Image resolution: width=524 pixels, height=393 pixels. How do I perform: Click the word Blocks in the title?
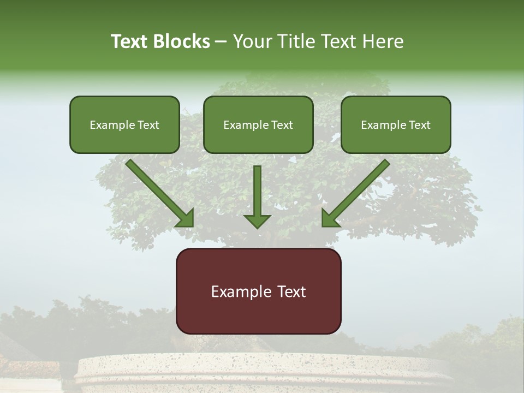pos(182,41)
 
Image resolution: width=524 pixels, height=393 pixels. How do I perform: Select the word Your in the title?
pos(252,41)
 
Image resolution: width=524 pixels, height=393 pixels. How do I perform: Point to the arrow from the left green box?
pos(158,191)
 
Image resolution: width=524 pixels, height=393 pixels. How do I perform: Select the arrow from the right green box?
pos(358,191)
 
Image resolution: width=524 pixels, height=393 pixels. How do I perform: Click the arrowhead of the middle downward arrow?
pos(257,221)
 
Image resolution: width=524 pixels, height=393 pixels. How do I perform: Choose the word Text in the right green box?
pos(419,125)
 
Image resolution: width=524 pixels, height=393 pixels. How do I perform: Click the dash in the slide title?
pos(221,42)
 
